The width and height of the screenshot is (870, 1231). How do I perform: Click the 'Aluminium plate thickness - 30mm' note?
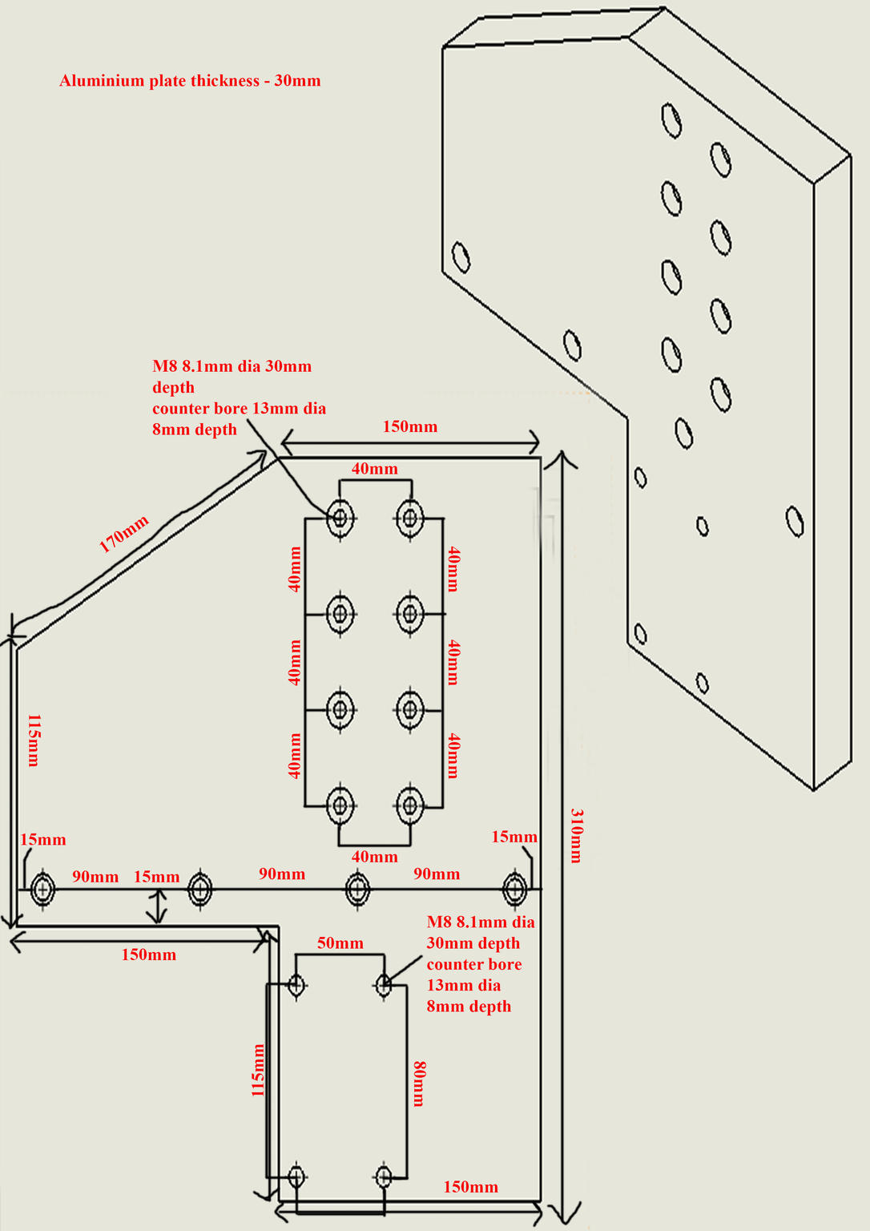coord(190,81)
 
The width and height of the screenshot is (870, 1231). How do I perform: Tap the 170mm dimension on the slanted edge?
coord(123,535)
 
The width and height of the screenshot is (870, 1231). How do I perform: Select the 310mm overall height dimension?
coord(576,835)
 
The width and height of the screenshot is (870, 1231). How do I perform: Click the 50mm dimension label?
coord(340,943)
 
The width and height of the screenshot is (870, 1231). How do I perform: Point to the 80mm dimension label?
coord(419,1084)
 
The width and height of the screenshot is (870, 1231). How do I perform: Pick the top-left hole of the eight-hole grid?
coord(340,518)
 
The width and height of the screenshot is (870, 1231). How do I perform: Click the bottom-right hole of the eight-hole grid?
coord(410,805)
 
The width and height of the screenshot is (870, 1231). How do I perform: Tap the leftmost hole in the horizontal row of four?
coord(42,889)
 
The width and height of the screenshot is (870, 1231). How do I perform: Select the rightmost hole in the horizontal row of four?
coord(514,889)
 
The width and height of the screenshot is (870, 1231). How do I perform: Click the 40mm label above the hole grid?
coord(374,469)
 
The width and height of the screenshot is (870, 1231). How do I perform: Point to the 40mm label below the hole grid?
coord(374,857)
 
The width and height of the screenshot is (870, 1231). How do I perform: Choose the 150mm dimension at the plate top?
coord(409,426)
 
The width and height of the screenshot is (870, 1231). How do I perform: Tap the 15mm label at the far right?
coord(514,837)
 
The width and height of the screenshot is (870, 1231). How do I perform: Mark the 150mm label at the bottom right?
coord(470,1187)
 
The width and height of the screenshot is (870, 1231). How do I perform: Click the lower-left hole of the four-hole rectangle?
coord(297,1177)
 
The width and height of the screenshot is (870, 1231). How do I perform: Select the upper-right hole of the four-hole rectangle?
coord(384,983)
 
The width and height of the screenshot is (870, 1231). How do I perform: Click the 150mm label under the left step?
coord(148,955)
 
